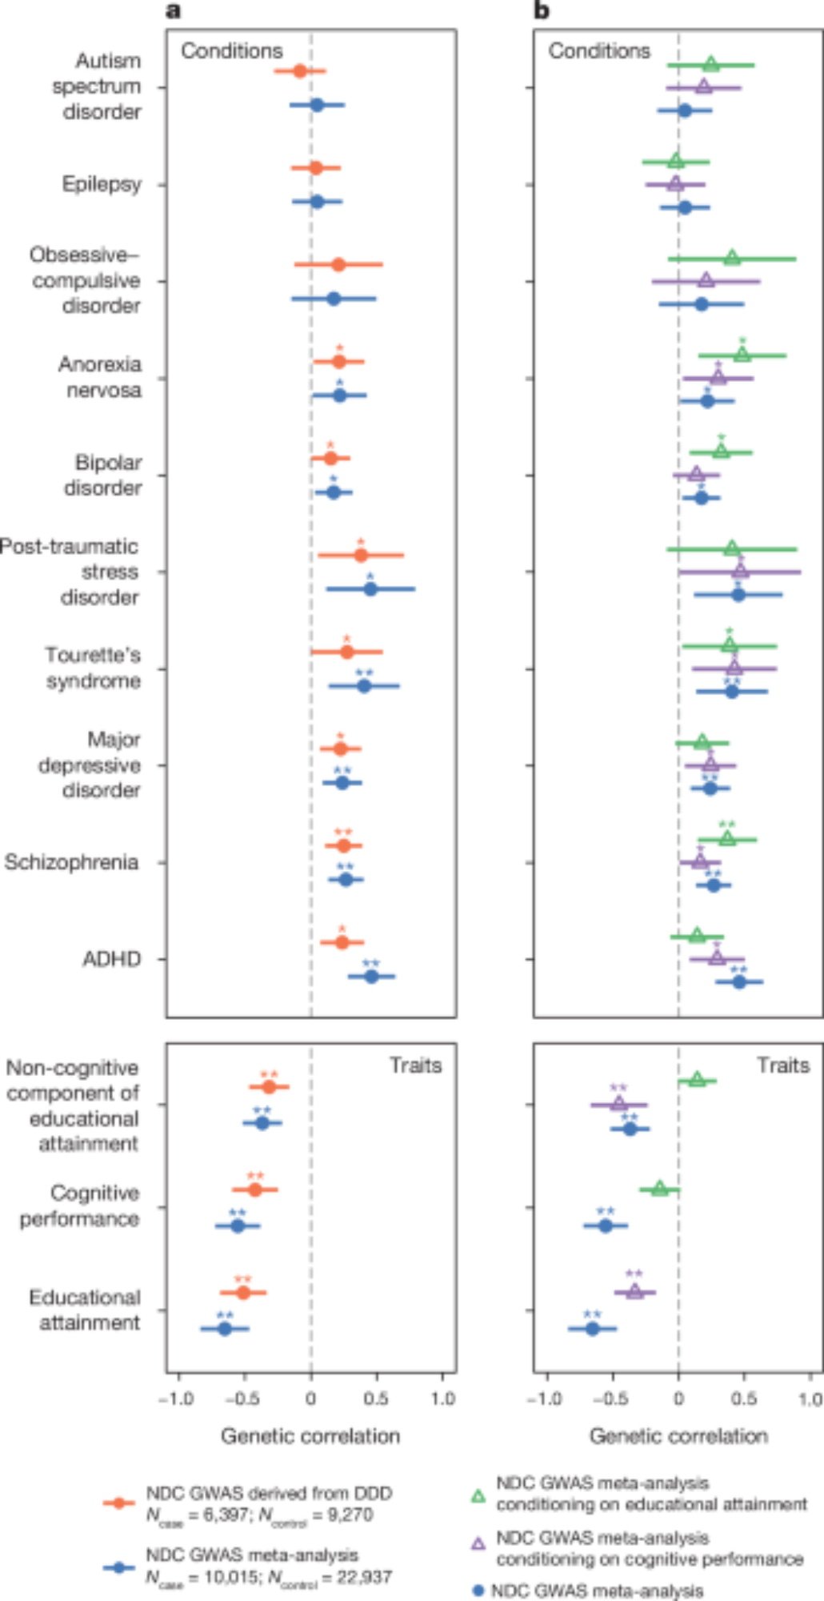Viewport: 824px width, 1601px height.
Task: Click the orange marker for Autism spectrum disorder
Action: pos(300,71)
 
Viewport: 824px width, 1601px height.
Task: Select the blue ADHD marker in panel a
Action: pos(371,977)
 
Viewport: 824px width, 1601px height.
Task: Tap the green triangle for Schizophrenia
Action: pos(727,839)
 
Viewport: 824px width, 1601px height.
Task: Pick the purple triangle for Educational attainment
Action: pos(634,1291)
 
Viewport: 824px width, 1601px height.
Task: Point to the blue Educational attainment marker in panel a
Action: pos(225,1329)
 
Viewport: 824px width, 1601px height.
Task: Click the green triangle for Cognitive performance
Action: pos(659,1189)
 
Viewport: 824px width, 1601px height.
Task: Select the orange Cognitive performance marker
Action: pos(255,1190)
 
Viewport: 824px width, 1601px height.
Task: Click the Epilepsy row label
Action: pos(102,184)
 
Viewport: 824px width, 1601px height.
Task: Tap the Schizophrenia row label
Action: pos(71,862)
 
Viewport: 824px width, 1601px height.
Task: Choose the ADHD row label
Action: pos(111,959)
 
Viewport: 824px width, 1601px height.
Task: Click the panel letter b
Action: pos(542,10)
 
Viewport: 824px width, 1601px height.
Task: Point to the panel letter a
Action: pos(173,10)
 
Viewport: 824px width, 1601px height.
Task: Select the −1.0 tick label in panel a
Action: pos(176,1398)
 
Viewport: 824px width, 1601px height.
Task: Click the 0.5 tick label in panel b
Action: pos(745,1398)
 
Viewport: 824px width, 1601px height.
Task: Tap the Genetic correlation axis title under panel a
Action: pos(310,1436)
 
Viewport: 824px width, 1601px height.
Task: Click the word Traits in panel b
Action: pos(783,1065)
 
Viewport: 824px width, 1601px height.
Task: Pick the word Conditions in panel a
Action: pos(232,51)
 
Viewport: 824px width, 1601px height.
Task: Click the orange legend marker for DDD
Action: pos(119,1503)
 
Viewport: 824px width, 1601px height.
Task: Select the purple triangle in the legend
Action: pos(478,1543)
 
